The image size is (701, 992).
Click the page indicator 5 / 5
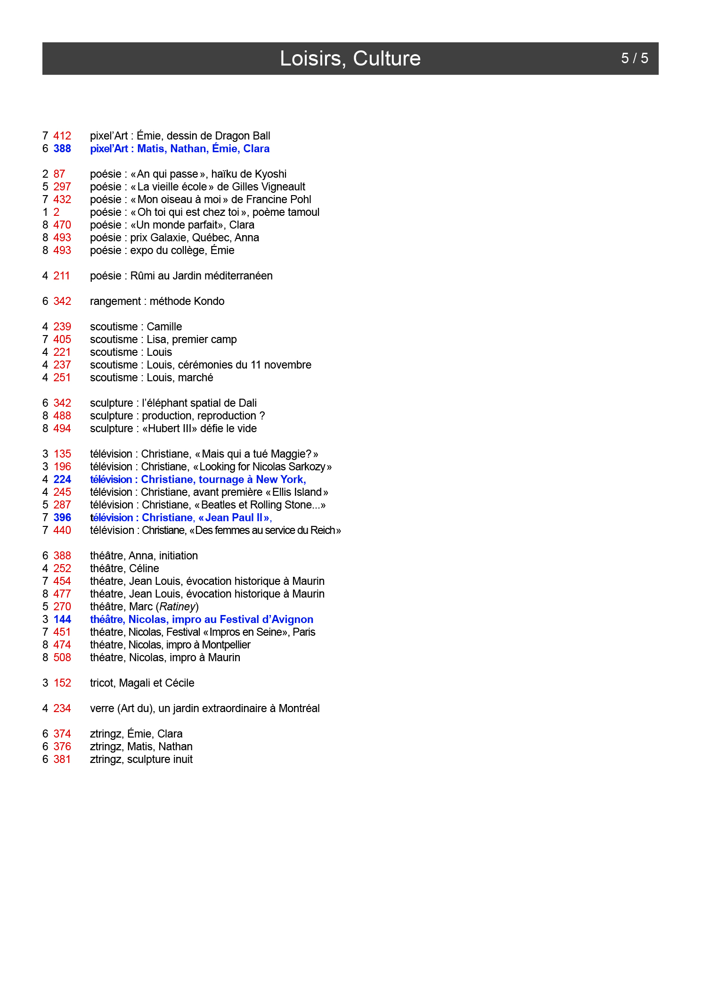[x=634, y=58]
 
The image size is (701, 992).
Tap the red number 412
[x=62, y=136]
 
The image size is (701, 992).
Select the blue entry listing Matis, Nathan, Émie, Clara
[x=179, y=148]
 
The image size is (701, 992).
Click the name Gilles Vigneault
[x=269, y=187]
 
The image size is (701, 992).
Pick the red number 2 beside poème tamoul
[x=57, y=212]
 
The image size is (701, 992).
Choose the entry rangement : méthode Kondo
[x=157, y=301]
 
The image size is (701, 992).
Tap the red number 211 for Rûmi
[x=62, y=276]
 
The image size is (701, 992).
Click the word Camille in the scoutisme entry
[x=164, y=327]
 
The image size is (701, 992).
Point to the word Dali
[x=247, y=403]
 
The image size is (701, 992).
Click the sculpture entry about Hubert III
[x=173, y=428]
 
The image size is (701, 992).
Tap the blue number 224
[x=62, y=479]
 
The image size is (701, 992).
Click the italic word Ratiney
[x=177, y=607]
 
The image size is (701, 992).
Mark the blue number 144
[x=62, y=619]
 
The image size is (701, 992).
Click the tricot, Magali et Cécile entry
[x=142, y=683]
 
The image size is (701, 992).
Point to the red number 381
[x=62, y=759]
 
